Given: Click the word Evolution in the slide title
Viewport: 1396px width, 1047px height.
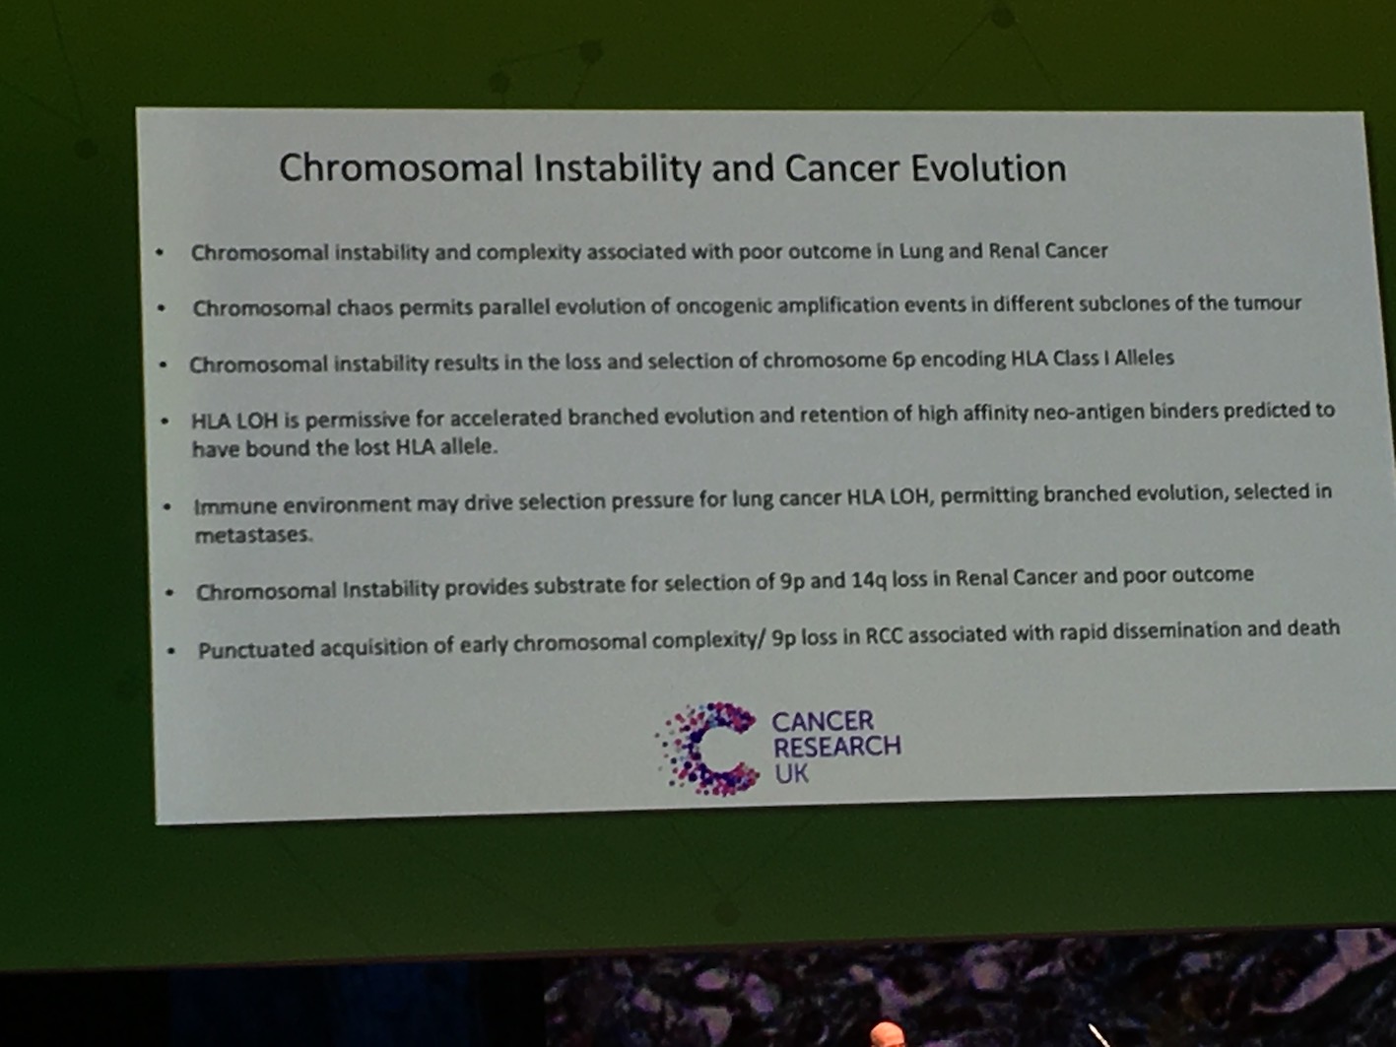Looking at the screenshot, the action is click(988, 168).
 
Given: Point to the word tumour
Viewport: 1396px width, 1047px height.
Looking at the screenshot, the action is click(1268, 303).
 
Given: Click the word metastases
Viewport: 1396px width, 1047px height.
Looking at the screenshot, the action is click(254, 535).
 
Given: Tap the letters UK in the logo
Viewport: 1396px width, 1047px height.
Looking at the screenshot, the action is click(791, 773).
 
